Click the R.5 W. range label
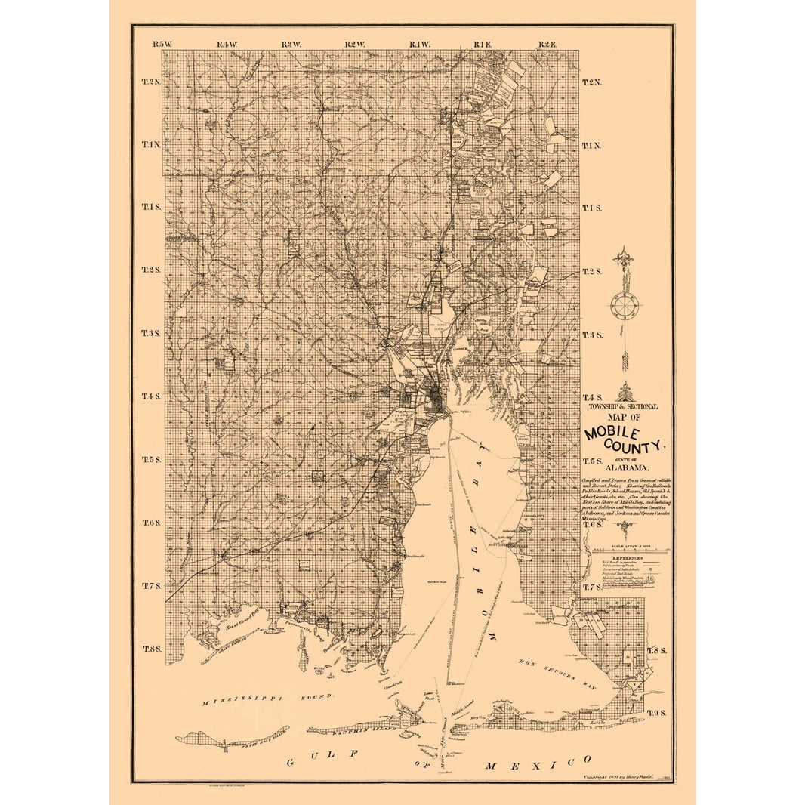pos(162,45)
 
